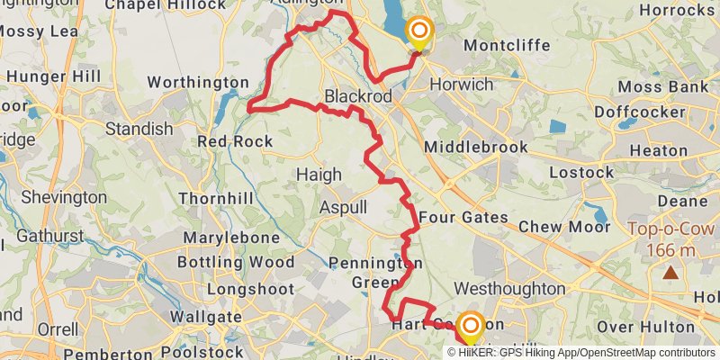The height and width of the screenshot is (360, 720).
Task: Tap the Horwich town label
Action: (463, 85)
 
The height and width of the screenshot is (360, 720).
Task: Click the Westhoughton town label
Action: (510, 289)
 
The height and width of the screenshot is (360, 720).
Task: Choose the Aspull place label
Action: (343, 207)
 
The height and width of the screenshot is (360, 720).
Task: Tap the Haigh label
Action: (319, 175)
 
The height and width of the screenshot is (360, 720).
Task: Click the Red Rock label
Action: (235, 141)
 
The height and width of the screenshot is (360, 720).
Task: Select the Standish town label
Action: (139, 129)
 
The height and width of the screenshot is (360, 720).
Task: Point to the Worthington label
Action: (197, 83)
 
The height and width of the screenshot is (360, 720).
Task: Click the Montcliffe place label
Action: (501, 44)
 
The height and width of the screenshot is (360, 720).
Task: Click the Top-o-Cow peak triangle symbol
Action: (670, 272)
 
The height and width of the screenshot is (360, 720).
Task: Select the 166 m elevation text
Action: (670, 247)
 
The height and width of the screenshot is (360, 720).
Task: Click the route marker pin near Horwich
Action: (418, 32)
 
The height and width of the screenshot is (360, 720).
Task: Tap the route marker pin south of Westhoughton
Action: (470, 325)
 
